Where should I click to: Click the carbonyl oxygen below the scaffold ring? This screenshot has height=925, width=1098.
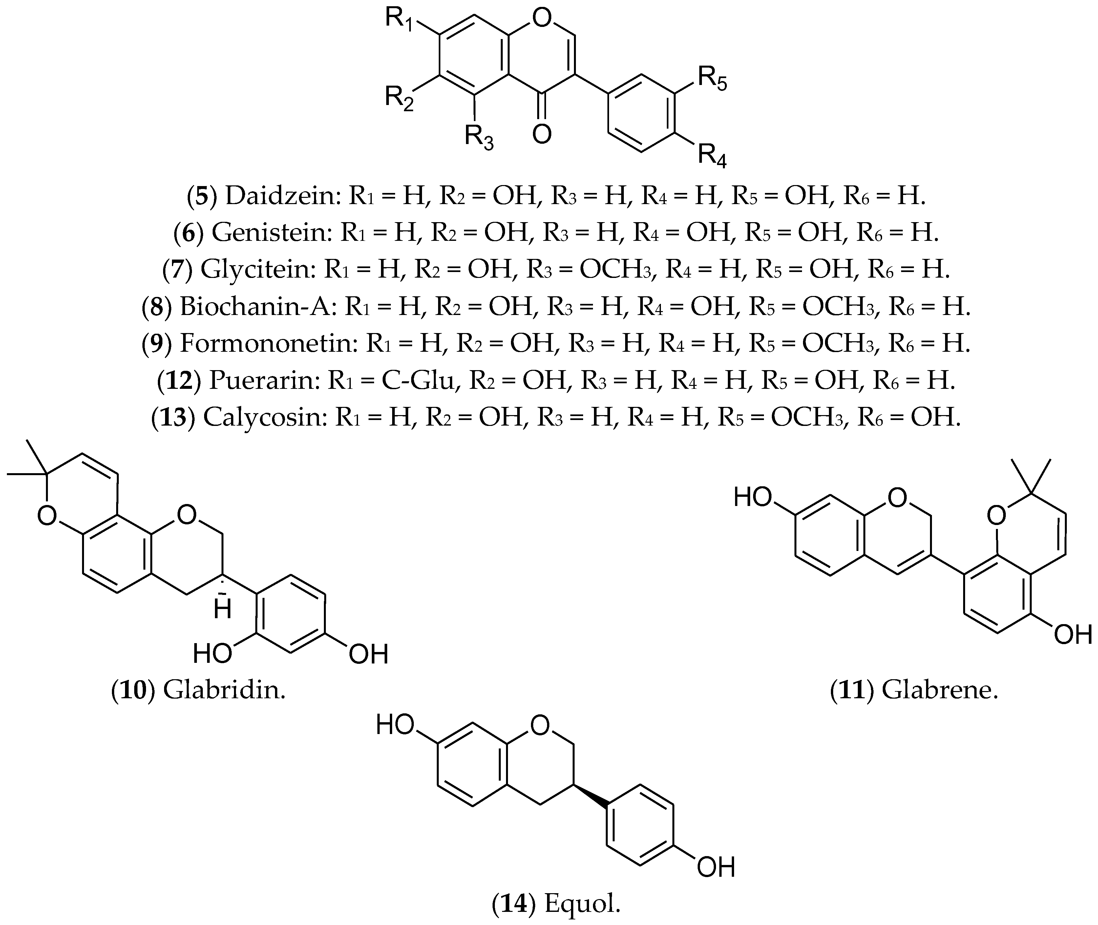point(542,134)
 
